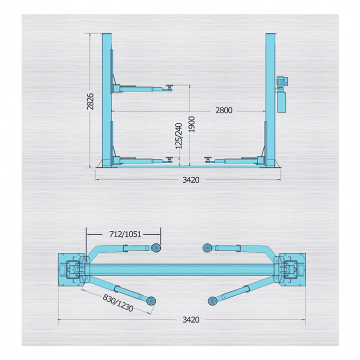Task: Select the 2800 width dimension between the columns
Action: (224, 110)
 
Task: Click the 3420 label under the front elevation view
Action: (191, 179)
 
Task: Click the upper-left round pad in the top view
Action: (156, 247)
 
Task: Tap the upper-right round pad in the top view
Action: (207, 247)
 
